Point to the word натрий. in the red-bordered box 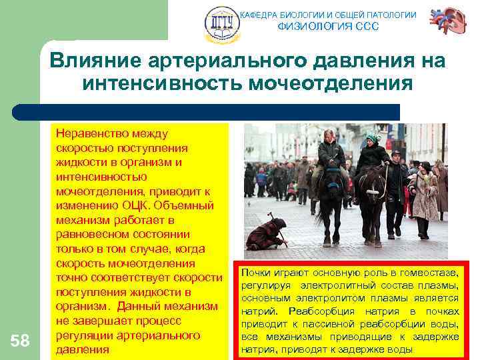click(257, 311)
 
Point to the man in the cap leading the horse click(395, 190)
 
